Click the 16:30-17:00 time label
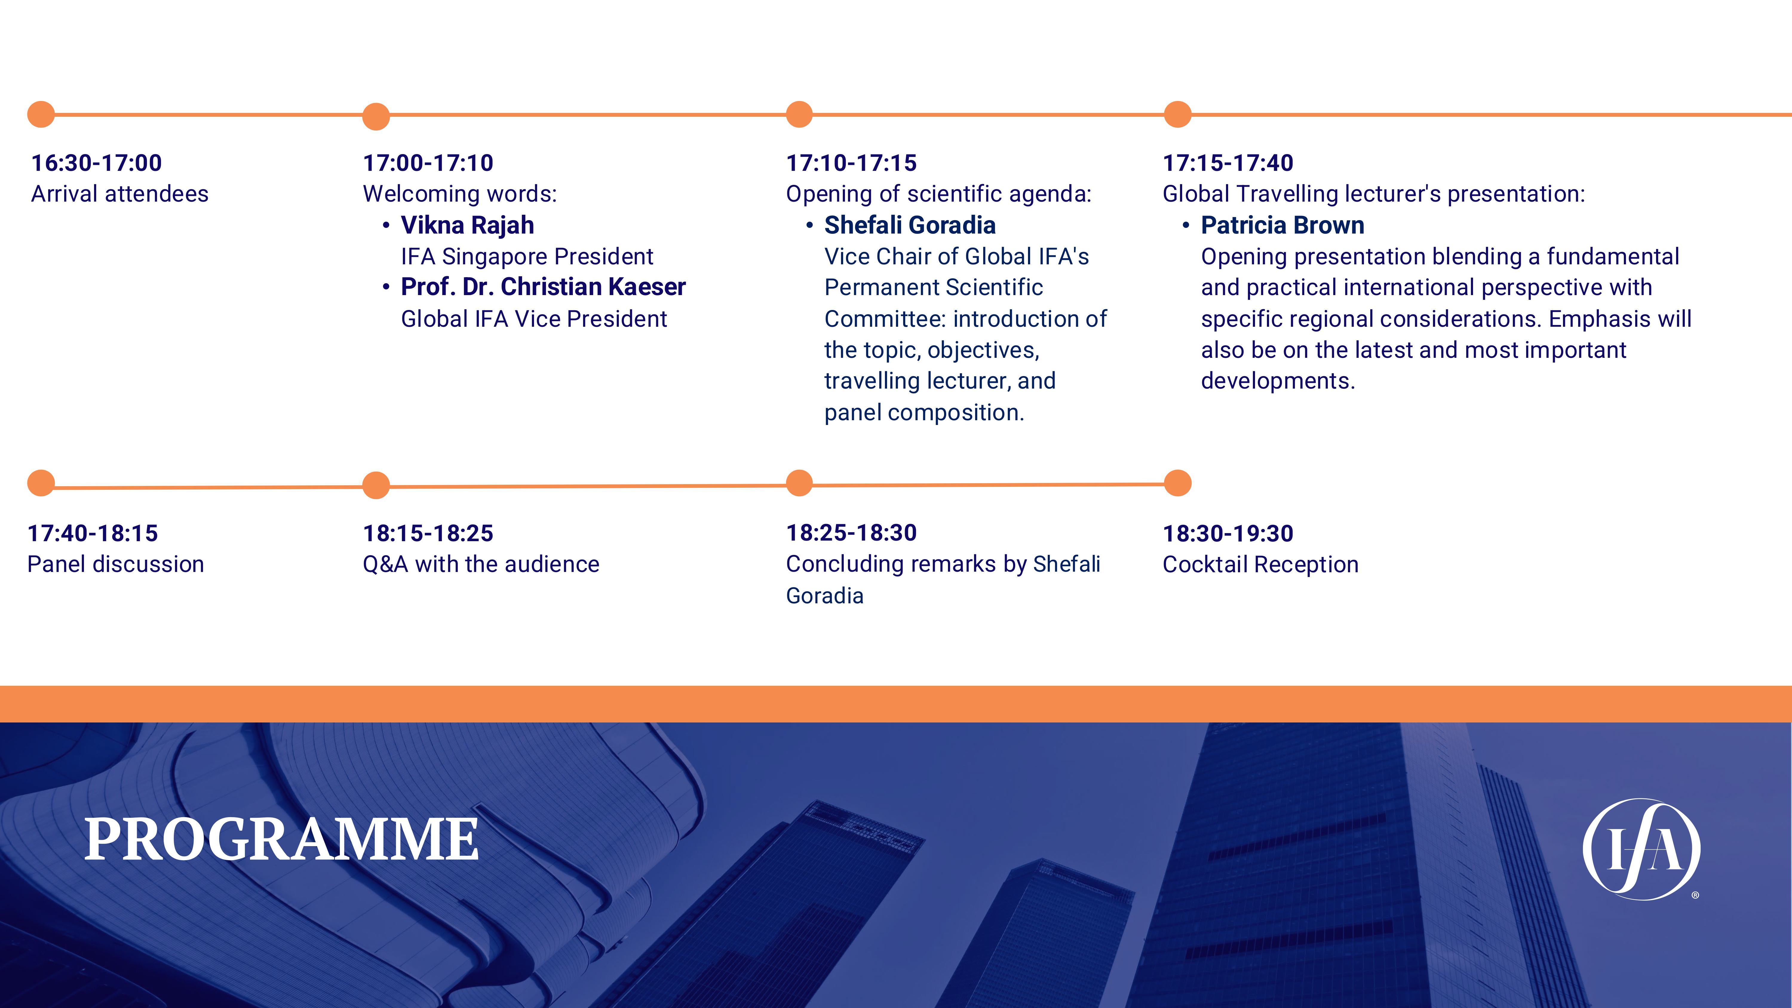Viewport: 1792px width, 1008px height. click(x=97, y=163)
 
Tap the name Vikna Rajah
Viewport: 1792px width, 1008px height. click(x=467, y=225)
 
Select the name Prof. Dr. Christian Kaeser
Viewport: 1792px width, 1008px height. click(x=543, y=287)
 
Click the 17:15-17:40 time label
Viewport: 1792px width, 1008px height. click(x=1228, y=163)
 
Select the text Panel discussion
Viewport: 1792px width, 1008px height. click(x=116, y=564)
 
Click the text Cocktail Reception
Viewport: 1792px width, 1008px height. click(x=1260, y=564)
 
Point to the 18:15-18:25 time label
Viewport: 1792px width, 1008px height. click(x=428, y=533)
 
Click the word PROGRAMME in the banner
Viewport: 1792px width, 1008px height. click(x=282, y=839)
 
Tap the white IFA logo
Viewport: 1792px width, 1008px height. click(x=1642, y=849)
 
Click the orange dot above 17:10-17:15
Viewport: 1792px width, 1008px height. click(x=799, y=114)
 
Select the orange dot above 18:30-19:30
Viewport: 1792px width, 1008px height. click(x=1178, y=483)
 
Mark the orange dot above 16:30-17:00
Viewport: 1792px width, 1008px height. click(x=41, y=114)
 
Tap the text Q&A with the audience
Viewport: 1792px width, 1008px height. click(x=481, y=564)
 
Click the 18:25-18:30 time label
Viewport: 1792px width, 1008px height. click(x=851, y=533)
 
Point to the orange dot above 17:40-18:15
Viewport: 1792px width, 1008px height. click(x=41, y=483)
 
